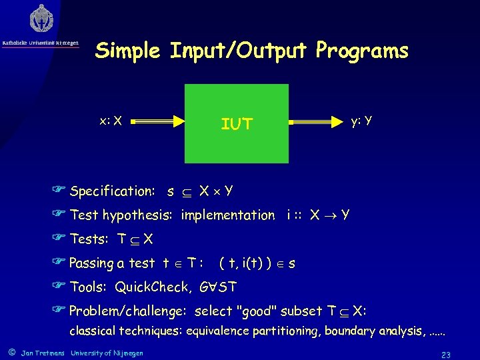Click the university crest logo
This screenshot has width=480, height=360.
click(41, 19)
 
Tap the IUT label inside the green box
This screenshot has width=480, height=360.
click(237, 123)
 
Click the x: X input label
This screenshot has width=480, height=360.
click(110, 121)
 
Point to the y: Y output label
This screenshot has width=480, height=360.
click(361, 121)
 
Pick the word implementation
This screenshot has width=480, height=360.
click(227, 215)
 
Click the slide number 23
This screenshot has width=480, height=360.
click(446, 354)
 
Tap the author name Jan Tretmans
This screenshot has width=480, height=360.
click(43, 353)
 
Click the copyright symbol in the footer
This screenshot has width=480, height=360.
click(11, 352)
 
